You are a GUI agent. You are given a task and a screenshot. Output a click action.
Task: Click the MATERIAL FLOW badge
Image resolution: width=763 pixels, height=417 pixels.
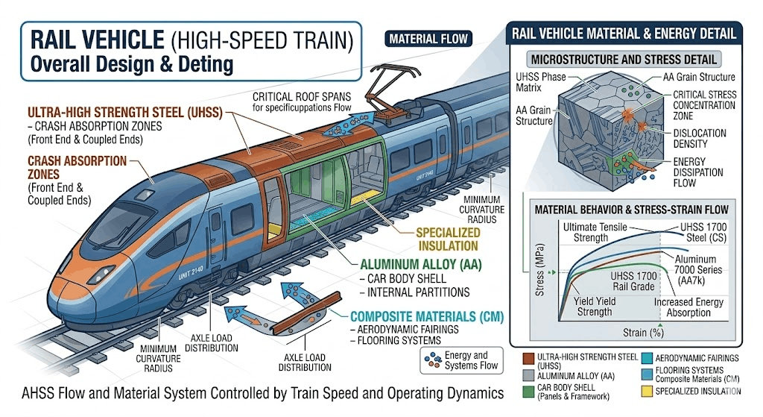tap(428, 39)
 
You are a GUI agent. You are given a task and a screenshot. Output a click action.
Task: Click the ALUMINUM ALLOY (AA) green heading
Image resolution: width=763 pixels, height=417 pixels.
tap(420, 265)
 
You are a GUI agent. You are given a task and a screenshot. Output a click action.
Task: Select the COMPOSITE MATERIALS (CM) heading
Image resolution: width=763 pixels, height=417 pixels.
tap(427, 316)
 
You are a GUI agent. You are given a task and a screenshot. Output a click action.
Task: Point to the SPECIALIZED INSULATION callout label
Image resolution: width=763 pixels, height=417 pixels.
tap(448, 239)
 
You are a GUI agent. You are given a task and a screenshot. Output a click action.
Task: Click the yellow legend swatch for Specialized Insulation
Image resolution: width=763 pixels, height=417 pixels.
tap(647, 391)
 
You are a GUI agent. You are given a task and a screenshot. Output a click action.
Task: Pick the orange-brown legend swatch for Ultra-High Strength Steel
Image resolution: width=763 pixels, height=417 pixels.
tap(528, 360)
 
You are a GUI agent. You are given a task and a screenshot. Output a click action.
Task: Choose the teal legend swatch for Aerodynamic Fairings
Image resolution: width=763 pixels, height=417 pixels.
tap(647, 359)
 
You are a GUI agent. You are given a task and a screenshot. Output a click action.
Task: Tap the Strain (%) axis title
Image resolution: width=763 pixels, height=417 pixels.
tap(643, 333)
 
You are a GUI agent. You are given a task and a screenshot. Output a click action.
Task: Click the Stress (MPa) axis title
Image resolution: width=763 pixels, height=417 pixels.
tap(539, 269)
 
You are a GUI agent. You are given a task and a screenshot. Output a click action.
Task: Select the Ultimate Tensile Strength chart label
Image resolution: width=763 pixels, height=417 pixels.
tap(595, 232)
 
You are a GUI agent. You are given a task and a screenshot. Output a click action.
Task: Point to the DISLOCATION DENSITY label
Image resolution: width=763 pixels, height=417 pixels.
tap(699, 138)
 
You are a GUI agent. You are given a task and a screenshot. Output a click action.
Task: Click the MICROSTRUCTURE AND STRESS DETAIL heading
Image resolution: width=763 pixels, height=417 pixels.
tap(624, 60)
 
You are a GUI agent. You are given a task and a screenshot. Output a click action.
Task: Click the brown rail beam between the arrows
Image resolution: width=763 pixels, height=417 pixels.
tap(306, 313)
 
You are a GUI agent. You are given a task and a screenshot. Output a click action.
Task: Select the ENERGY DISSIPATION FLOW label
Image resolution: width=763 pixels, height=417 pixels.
tap(697, 172)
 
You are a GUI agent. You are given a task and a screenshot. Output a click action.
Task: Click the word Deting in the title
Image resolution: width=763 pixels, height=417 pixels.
tap(206, 64)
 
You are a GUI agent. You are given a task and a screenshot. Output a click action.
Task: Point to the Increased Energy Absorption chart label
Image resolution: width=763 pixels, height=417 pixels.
tap(688, 307)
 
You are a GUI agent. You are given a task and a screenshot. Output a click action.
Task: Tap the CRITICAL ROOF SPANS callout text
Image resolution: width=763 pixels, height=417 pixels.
tap(302, 101)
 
